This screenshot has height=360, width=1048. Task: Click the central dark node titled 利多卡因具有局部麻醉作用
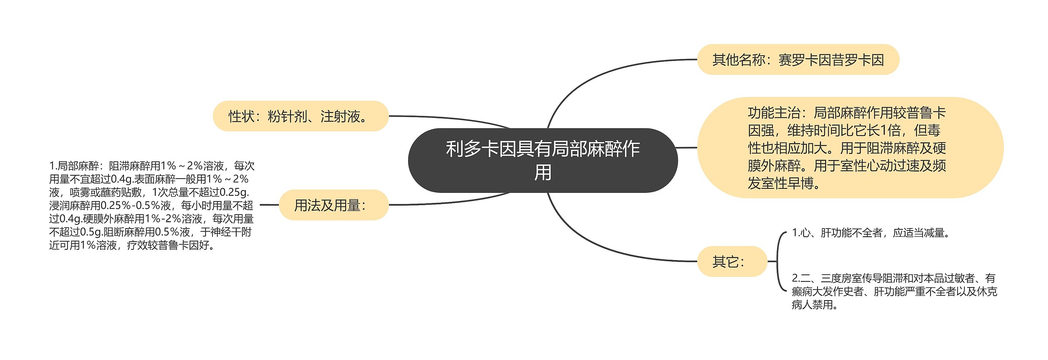click(x=542, y=160)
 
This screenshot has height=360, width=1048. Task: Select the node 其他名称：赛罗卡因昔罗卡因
click(x=798, y=60)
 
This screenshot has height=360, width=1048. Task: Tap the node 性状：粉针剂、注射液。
click(x=300, y=116)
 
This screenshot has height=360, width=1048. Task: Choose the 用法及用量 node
click(x=333, y=205)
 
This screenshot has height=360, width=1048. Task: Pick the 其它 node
click(x=732, y=261)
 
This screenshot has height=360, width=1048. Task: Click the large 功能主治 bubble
click(x=850, y=147)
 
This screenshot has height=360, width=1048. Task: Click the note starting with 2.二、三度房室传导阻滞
click(x=894, y=291)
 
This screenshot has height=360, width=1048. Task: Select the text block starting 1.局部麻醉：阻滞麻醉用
click(x=151, y=205)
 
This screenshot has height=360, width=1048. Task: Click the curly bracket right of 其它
click(x=779, y=261)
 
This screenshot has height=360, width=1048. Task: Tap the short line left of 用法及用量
click(x=269, y=205)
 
